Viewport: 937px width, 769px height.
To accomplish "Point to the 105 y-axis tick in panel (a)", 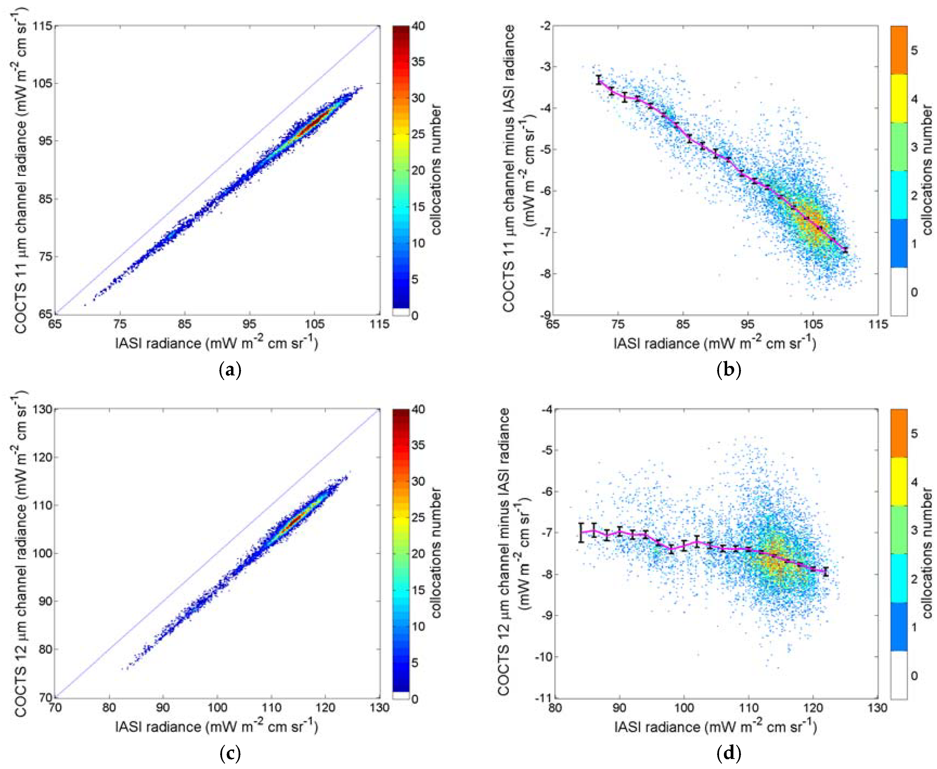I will click(43, 83).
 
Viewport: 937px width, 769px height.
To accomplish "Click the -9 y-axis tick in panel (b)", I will click(544, 315).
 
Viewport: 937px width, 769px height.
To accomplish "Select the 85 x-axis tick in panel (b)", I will click(683, 324).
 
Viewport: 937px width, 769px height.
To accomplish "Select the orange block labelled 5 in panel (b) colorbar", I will click(899, 50).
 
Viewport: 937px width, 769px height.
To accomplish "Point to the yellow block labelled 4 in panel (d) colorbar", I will click(899, 481).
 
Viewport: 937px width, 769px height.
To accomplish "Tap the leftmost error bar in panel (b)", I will click(599, 80).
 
